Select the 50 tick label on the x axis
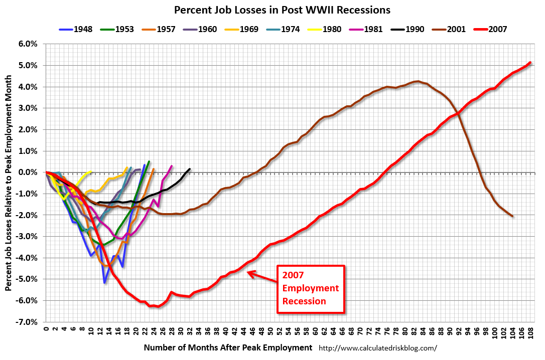coord(271,331)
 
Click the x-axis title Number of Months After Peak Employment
coord(228,347)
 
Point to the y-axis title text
coord(9,183)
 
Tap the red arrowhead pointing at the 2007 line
coord(251,274)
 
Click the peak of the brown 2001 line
coord(418,81)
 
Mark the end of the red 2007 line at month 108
coord(530,63)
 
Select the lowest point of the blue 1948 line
coord(104,283)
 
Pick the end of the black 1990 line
coord(190,169)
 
